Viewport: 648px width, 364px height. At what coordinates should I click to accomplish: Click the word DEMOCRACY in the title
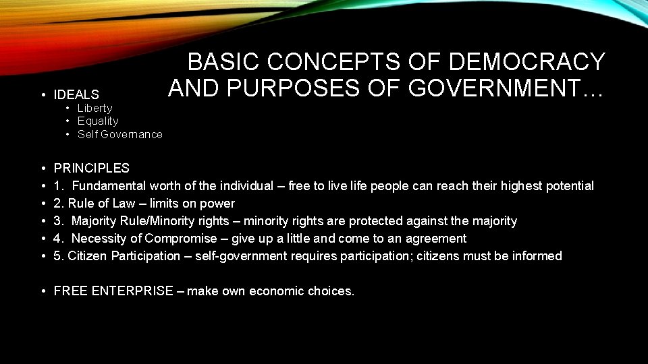point(527,62)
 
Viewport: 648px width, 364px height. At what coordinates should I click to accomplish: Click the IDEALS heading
point(76,95)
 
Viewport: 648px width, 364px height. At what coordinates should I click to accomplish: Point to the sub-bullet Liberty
point(94,108)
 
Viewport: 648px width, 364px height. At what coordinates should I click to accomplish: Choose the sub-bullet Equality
point(98,121)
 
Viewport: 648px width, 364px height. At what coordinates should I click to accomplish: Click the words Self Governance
point(119,134)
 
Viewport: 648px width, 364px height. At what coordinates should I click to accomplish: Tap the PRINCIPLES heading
point(91,168)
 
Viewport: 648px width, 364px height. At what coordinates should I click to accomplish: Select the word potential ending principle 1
point(569,186)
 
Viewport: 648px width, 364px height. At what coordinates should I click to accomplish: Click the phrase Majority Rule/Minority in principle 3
point(143,221)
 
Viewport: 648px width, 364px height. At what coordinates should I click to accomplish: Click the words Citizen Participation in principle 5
point(124,256)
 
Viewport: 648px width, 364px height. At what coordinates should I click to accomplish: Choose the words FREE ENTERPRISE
point(113,291)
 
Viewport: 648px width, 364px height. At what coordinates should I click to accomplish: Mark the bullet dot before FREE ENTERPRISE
point(43,291)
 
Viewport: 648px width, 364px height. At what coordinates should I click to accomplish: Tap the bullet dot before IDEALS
point(43,95)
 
